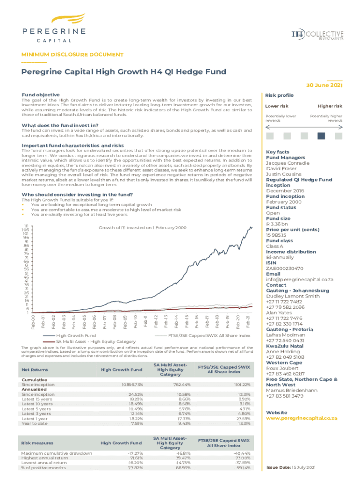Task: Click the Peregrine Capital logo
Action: point(54,28)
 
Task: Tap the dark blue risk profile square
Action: point(321,136)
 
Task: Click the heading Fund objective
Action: point(41,94)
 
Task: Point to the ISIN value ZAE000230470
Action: point(285,269)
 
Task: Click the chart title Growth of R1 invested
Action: point(142,227)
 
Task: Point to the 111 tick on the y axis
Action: point(26,225)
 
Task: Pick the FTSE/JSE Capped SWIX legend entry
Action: point(209,335)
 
